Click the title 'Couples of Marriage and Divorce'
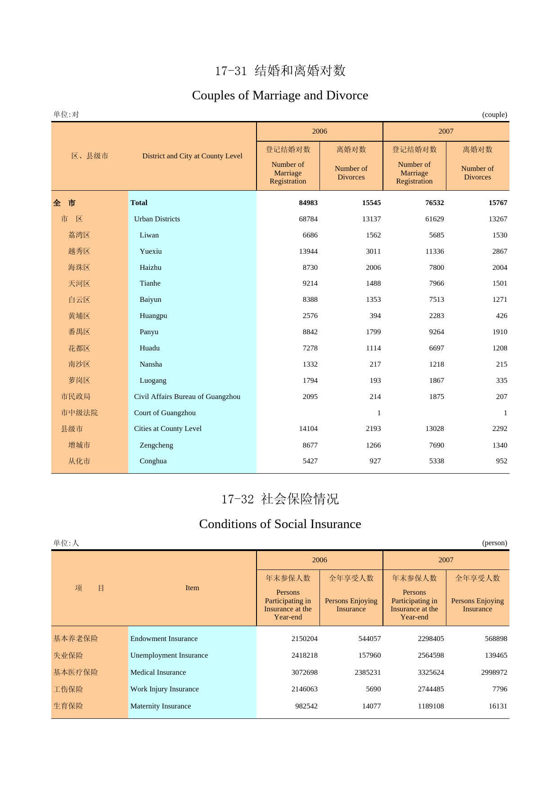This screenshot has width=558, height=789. click(x=280, y=95)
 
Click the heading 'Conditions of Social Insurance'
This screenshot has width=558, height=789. click(x=280, y=524)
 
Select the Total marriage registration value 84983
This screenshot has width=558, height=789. click(x=308, y=203)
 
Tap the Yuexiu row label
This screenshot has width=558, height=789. click(x=150, y=251)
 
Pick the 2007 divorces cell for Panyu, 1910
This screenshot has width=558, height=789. click(x=499, y=332)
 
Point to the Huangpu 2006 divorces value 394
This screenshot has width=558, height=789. click(x=375, y=316)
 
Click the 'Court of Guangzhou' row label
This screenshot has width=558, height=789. click(x=165, y=413)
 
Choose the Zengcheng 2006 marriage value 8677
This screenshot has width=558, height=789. click(x=310, y=445)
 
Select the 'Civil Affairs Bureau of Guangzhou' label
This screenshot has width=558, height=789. click(x=187, y=397)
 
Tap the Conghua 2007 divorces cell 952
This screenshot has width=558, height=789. click(x=501, y=461)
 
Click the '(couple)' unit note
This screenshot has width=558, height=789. click(x=495, y=115)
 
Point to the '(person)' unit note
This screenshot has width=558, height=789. click(x=495, y=543)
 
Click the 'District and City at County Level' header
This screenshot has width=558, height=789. click(x=192, y=156)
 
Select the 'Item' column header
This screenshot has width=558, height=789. click(x=192, y=588)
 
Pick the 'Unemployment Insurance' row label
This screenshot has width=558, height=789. click(x=169, y=655)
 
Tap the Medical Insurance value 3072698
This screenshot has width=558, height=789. click(x=304, y=672)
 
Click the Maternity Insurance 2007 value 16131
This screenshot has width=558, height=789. click(x=498, y=706)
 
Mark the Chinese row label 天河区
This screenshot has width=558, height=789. click(x=79, y=284)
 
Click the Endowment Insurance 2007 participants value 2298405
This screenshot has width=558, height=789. click(x=431, y=639)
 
